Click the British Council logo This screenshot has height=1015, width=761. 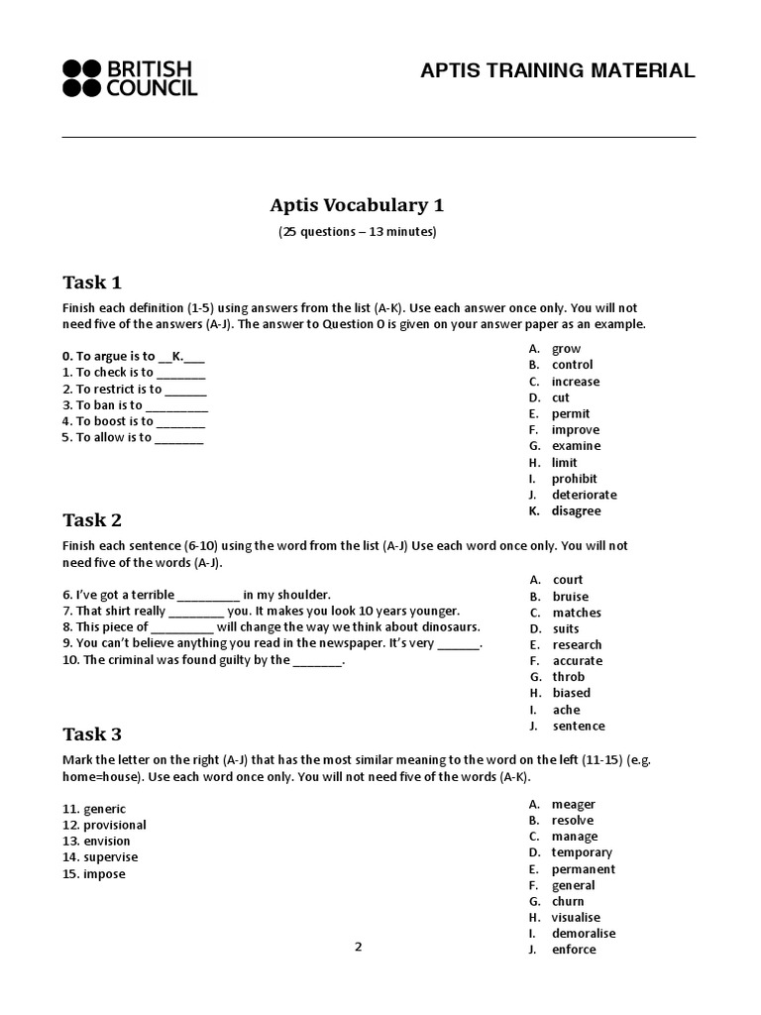pyautogui.click(x=130, y=78)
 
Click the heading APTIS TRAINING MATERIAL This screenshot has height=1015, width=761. pyautogui.click(x=558, y=70)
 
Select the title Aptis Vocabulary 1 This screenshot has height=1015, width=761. pyautogui.click(x=357, y=205)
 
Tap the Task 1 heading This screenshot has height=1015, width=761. pyautogui.click(x=92, y=282)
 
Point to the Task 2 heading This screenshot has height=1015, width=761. pyautogui.click(x=92, y=520)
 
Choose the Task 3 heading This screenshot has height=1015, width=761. pyautogui.click(x=92, y=734)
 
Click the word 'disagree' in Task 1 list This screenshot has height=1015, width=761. pyautogui.click(x=576, y=511)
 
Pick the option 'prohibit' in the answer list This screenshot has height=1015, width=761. pyautogui.click(x=574, y=479)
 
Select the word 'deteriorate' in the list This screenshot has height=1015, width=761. pyautogui.click(x=584, y=495)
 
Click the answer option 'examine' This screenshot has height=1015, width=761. pyautogui.click(x=576, y=446)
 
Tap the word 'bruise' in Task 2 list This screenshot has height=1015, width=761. pyautogui.click(x=570, y=597)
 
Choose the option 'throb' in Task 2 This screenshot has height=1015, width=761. pyautogui.click(x=568, y=677)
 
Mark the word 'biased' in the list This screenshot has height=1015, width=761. pyautogui.click(x=571, y=693)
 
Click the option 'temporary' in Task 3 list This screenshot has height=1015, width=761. pyautogui.click(x=582, y=852)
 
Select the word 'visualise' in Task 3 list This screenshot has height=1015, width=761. pyautogui.click(x=576, y=918)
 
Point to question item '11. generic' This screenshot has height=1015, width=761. pyautogui.click(x=94, y=809)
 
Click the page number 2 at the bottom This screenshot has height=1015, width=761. pyautogui.click(x=359, y=947)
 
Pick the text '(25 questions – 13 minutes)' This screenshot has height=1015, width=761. pyautogui.click(x=357, y=232)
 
